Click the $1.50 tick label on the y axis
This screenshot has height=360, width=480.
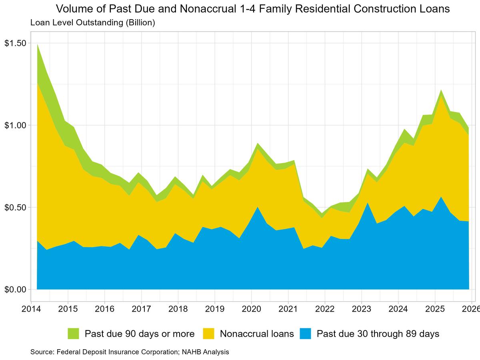click(15, 43)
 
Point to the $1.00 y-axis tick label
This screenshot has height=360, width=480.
click(15, 125)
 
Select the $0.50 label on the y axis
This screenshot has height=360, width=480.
click(15, 207)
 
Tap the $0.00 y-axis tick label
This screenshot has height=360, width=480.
click(15, 289)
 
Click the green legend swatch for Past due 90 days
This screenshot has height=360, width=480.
click(74, 334)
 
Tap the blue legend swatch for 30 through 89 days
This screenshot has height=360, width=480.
click(306, 334)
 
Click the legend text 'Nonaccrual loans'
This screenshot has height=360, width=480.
click(257, 334)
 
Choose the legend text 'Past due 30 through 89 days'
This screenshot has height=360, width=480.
click(378, 334)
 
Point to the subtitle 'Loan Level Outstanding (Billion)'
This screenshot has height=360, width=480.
click(92, 23)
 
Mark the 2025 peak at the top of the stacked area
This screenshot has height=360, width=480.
click(441, 90)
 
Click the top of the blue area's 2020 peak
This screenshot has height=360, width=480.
click(258, 207)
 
